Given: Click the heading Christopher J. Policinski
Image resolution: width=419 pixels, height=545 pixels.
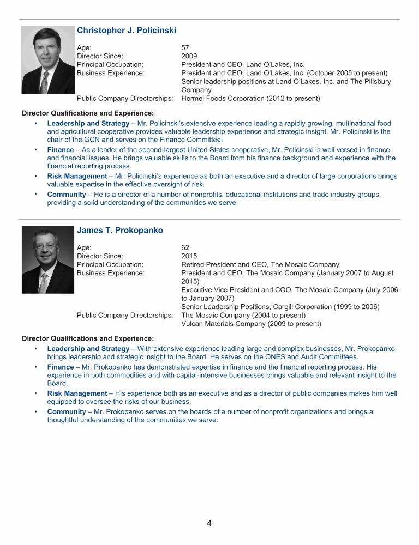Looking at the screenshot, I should pos(127,30).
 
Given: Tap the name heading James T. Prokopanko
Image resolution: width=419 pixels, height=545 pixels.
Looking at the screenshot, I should pos(120,230).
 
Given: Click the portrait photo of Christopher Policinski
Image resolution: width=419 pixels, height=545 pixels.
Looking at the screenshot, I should pos(48,60).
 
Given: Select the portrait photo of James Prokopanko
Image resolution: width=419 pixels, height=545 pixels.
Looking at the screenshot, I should pos(48,260).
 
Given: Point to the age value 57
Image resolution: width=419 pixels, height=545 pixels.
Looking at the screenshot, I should pos(185,47).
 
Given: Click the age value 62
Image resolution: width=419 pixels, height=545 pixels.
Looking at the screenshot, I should pos(185,247).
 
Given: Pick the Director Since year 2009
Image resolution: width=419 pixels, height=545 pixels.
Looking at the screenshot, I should pos(189,56).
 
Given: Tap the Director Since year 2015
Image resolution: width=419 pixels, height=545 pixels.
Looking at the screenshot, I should pos(189,256).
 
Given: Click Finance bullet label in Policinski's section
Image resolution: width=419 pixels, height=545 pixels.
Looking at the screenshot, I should pos(61,150).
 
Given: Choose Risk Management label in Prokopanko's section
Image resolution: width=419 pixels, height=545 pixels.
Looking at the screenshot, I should pos(77,393).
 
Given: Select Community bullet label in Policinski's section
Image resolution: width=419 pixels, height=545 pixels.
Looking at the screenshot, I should pos(67,195).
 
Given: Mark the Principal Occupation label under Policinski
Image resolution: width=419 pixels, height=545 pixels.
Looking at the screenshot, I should pos(110,64).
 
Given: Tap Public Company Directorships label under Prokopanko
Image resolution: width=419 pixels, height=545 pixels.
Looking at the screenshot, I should pos(125,315).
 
